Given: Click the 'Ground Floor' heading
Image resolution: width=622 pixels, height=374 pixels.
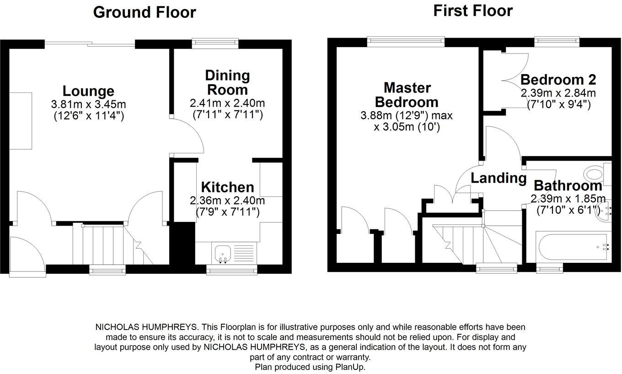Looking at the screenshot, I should point(145,12).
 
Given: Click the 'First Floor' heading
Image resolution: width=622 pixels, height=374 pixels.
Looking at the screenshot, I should point(473,11).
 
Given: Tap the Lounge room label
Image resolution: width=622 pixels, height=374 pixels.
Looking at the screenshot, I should point(88,91).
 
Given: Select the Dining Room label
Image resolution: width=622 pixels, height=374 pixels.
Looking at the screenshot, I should point(227,82).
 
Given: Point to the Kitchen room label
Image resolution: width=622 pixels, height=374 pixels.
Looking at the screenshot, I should point(227,187).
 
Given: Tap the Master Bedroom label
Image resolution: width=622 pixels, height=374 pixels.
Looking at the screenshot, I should point(407,94).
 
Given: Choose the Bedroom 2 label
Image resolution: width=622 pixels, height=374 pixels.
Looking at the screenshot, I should point(558,80).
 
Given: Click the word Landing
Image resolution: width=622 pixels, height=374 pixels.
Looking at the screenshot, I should point(499,178).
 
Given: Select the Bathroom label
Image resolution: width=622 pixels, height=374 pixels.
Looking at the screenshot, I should point(568,186).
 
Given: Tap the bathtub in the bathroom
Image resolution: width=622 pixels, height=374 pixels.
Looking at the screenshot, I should point(572,246).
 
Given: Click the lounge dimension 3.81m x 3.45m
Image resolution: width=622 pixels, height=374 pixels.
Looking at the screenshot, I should point(88,104).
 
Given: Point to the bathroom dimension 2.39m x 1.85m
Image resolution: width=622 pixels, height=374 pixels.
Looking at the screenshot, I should point(568,199).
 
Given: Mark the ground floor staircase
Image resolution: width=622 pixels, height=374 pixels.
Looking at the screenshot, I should point(110,244).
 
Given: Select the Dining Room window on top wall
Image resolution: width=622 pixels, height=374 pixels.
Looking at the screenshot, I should point(215,43).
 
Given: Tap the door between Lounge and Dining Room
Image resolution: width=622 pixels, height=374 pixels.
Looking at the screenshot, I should point(188,135).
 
